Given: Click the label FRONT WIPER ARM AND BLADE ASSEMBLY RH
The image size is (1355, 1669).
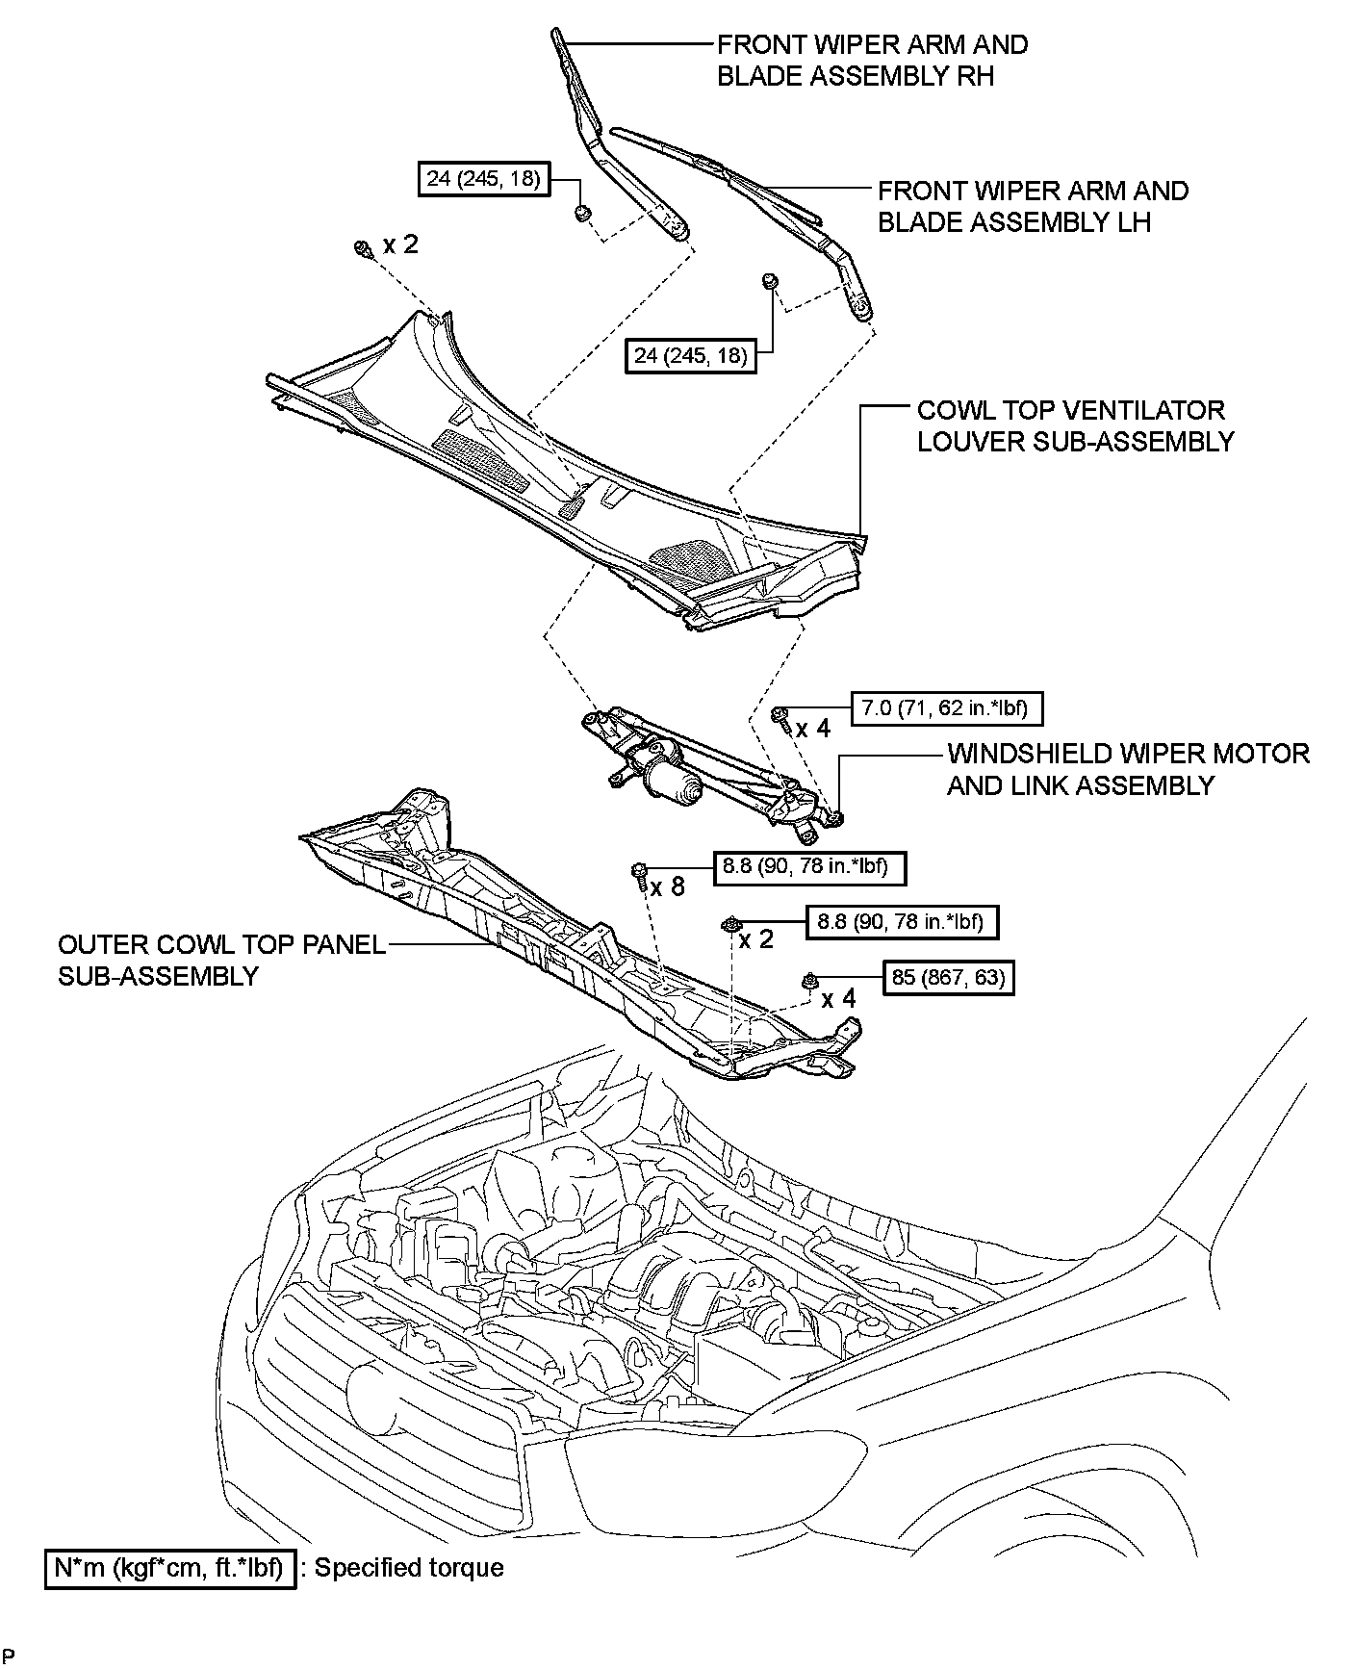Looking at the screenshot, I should pos(872,60).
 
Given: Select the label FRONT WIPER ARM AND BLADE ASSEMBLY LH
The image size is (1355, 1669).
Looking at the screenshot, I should pos(1033,206).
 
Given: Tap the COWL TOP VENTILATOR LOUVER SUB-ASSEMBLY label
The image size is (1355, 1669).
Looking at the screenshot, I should pos(1075,425).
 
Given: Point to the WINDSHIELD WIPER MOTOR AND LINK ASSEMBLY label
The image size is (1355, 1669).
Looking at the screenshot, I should pos(1128,769).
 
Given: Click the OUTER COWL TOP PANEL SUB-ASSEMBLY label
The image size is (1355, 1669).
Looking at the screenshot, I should pos(221,960).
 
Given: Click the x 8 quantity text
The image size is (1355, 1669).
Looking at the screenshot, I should pos(667,886).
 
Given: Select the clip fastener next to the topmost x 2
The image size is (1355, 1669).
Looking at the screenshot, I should pos(363,248).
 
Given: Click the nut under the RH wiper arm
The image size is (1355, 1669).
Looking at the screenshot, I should pos(582,213).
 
